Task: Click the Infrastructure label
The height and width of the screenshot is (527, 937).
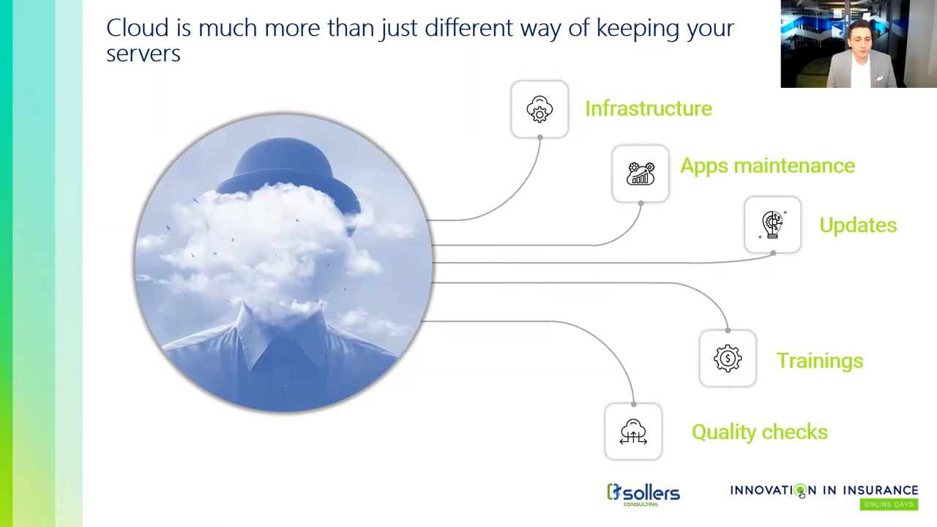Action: (x=649, y=109)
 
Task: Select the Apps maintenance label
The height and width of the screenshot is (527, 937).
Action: (x=768, y=165)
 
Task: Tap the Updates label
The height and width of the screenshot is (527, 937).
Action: (x=858, y=225)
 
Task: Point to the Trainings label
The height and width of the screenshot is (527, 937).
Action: (x=820, y=361)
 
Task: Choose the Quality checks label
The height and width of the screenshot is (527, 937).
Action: (x=760, y=432)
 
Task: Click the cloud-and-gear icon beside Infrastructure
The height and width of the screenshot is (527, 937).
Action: (x=540, y=109)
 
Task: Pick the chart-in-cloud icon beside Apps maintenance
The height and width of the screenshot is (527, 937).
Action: (x=641, y=173)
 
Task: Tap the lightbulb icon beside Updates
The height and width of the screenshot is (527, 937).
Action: (x=772, y=225)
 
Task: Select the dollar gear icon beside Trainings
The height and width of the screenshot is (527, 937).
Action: (x=728, y=359)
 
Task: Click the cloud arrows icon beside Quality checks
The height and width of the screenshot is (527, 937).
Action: (x=633, y=432)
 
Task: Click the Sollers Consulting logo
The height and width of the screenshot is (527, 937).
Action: (x=643, y=494)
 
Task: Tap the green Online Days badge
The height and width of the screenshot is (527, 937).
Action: (x=889, y=504)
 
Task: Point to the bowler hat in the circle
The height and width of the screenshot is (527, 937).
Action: (x=288, y=171)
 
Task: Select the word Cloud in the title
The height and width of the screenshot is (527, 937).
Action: (x=137, y=28)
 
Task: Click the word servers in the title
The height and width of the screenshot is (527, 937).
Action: (x=143, y=54)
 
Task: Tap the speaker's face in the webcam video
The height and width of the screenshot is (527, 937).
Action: (x=860, y=41)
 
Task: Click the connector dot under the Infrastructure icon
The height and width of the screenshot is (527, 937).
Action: (x=540, y=137)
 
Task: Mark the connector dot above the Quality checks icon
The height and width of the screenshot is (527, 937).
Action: (x=634, y=405)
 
